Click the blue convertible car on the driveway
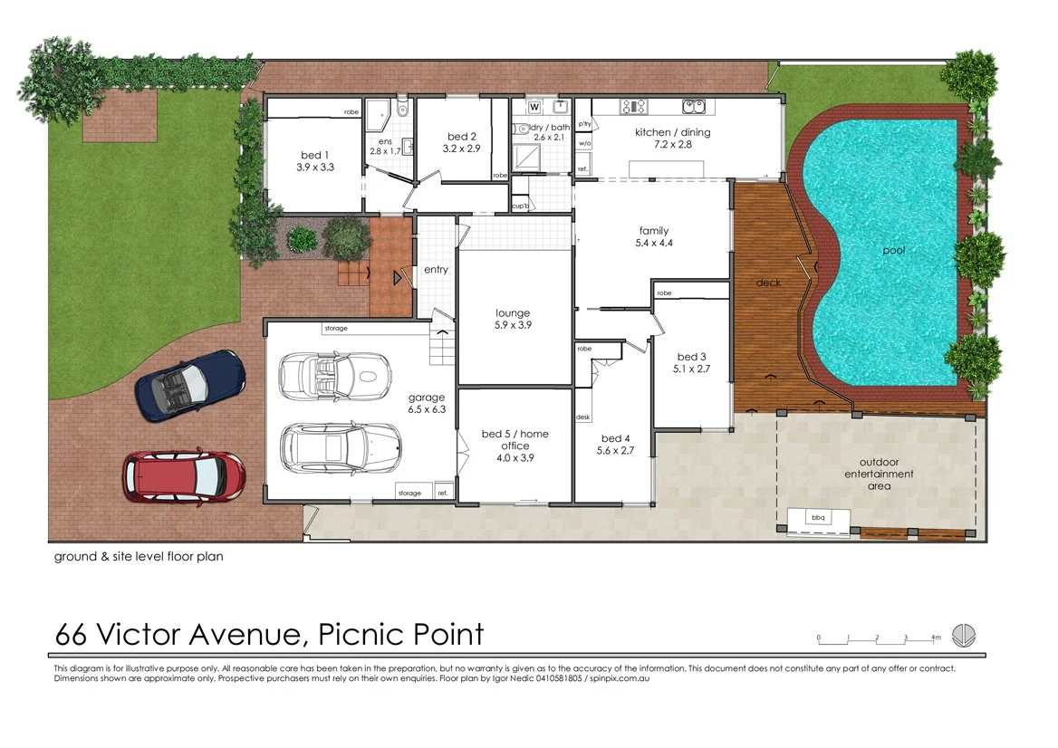pos(190,386)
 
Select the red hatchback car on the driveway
pos(184,475)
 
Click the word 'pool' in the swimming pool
pos(894,250)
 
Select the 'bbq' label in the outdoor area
pos(818,518)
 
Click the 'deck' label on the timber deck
pos(768,283)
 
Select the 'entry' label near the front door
pos(436,270)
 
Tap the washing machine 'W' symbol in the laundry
pos(534,107)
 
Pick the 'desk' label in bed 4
pos(583,417)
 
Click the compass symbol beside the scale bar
pos(965,635)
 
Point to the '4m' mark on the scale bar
pos(936,638)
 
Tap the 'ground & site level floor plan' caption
pos(138,557)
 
